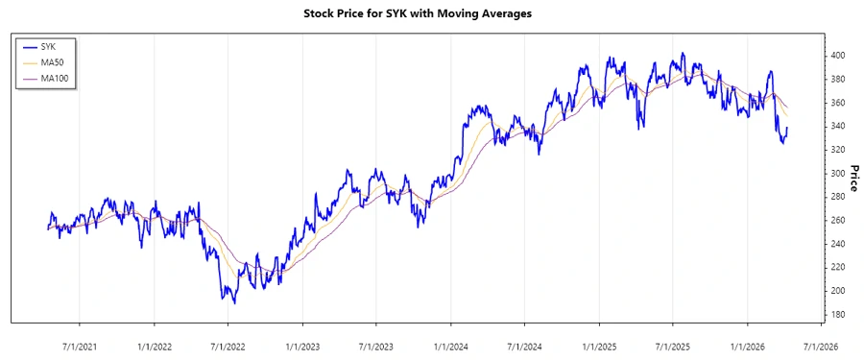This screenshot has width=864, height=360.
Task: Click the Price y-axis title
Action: point(852,178)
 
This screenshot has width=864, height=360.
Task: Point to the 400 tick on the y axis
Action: point(839,56)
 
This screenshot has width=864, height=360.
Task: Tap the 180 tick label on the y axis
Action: point(839,314)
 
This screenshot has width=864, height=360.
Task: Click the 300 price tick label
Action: point(839,173)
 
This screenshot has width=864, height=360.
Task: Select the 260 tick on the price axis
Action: point(839,220)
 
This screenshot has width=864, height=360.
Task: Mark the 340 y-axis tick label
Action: point(839,126)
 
